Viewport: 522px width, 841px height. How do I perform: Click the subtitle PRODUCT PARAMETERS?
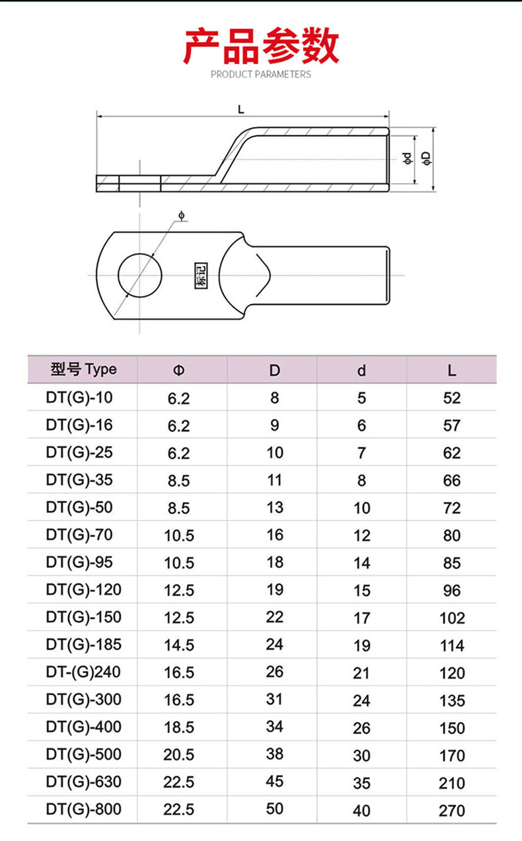coord(260,74)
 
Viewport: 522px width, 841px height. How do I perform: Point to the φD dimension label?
coord(427,157)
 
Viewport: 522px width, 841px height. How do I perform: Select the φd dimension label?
coord(407,157)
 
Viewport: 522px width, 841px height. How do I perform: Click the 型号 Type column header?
coord(83,369)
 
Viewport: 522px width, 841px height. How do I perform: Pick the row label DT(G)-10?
coord(80,398)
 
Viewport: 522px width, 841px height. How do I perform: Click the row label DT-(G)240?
coord(84,673)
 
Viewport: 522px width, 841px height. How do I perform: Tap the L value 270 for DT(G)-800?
coord(452,810)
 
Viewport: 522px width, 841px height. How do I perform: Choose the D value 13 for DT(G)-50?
coord(274,507)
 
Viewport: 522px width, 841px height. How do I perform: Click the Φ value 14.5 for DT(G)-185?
coord(179,645)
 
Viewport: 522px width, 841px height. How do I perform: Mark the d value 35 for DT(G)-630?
coord(361,783)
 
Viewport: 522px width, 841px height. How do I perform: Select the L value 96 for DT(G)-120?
coord(452,590)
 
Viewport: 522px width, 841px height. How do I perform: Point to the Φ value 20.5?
coord(179,755)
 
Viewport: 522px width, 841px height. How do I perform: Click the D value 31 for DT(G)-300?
coord(274,700)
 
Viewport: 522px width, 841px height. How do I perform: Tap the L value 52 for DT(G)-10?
coord(452,398)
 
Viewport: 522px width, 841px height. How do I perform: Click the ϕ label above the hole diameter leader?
coord(181,215)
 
